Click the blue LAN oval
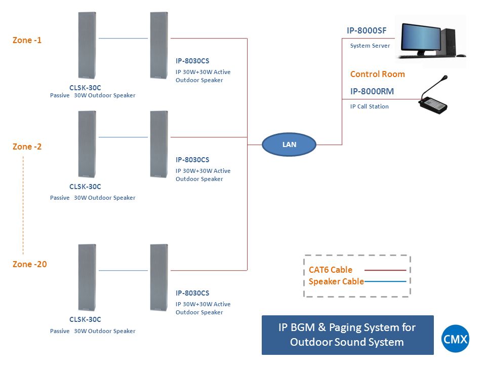[x=289, y=144]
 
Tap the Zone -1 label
[x=27, y=41]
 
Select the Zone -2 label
[x=27, y=147]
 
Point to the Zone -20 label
[x=29, y=264]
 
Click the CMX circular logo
[x=455, y=339]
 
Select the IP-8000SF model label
[x=367, y=31]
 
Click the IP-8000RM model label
[x=372, y=91]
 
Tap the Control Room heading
[x=378, y=74]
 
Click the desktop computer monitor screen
[x=421, y=38]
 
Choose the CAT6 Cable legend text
[x=331, y=270]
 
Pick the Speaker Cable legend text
[x=336, y=281]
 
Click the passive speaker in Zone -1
[x=87, y=45]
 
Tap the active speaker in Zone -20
[x=159, y=277]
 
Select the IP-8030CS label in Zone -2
[x=192, y=160]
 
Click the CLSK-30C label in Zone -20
[x=85, y=319]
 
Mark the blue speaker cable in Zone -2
[x=124, y=137]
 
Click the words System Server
[x=370, y=46]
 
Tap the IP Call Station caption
[x=370, y=106]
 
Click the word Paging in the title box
[x=345, y=328]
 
